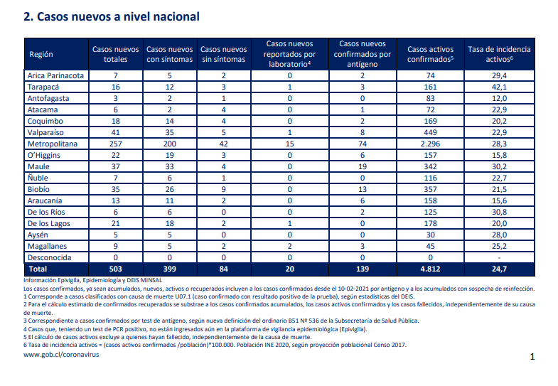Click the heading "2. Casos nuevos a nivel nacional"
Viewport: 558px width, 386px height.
tap(112, 17)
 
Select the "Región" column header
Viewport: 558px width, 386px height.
tap(41, 54)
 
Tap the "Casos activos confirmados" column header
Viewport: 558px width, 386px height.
tap(430, 54)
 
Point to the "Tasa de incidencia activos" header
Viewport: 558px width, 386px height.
tap(499, 54)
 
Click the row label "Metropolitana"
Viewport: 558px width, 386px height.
tap(53, 144)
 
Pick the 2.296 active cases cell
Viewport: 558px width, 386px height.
tap(430, 144)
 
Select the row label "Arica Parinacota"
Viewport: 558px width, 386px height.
tap(55, 75)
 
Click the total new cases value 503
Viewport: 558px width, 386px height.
tap(116, 269)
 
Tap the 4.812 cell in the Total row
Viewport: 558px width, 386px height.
tap(430, 269)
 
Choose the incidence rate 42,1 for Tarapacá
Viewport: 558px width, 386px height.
tap(499, 87)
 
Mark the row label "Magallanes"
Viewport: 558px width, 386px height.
tap(47, 246)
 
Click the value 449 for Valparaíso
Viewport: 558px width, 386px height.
tap(430, 132)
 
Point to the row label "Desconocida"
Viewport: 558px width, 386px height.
tap(50, 257)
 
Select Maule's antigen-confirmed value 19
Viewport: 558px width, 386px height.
tap(363, 166)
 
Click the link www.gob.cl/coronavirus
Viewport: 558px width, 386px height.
tap(61, 355)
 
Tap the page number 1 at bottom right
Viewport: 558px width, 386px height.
tap(532, 356)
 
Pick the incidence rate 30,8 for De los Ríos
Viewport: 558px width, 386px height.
tap(499, 212)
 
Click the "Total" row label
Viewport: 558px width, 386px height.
tap(38, 269)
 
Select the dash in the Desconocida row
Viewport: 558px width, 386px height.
tap(499, 258)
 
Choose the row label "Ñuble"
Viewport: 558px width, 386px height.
tap(38, 178)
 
